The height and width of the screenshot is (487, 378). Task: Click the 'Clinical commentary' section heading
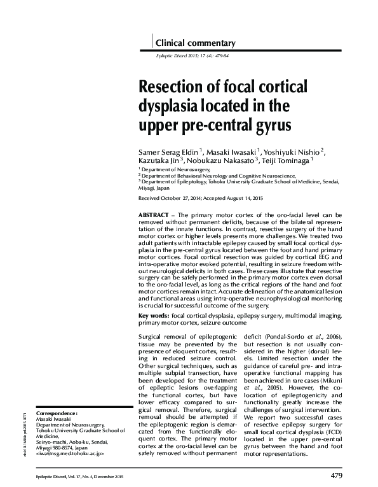(195, 44)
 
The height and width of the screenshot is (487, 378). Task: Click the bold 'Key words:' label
(153, 315)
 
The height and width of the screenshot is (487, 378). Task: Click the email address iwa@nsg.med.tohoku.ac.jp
(70, 454)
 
